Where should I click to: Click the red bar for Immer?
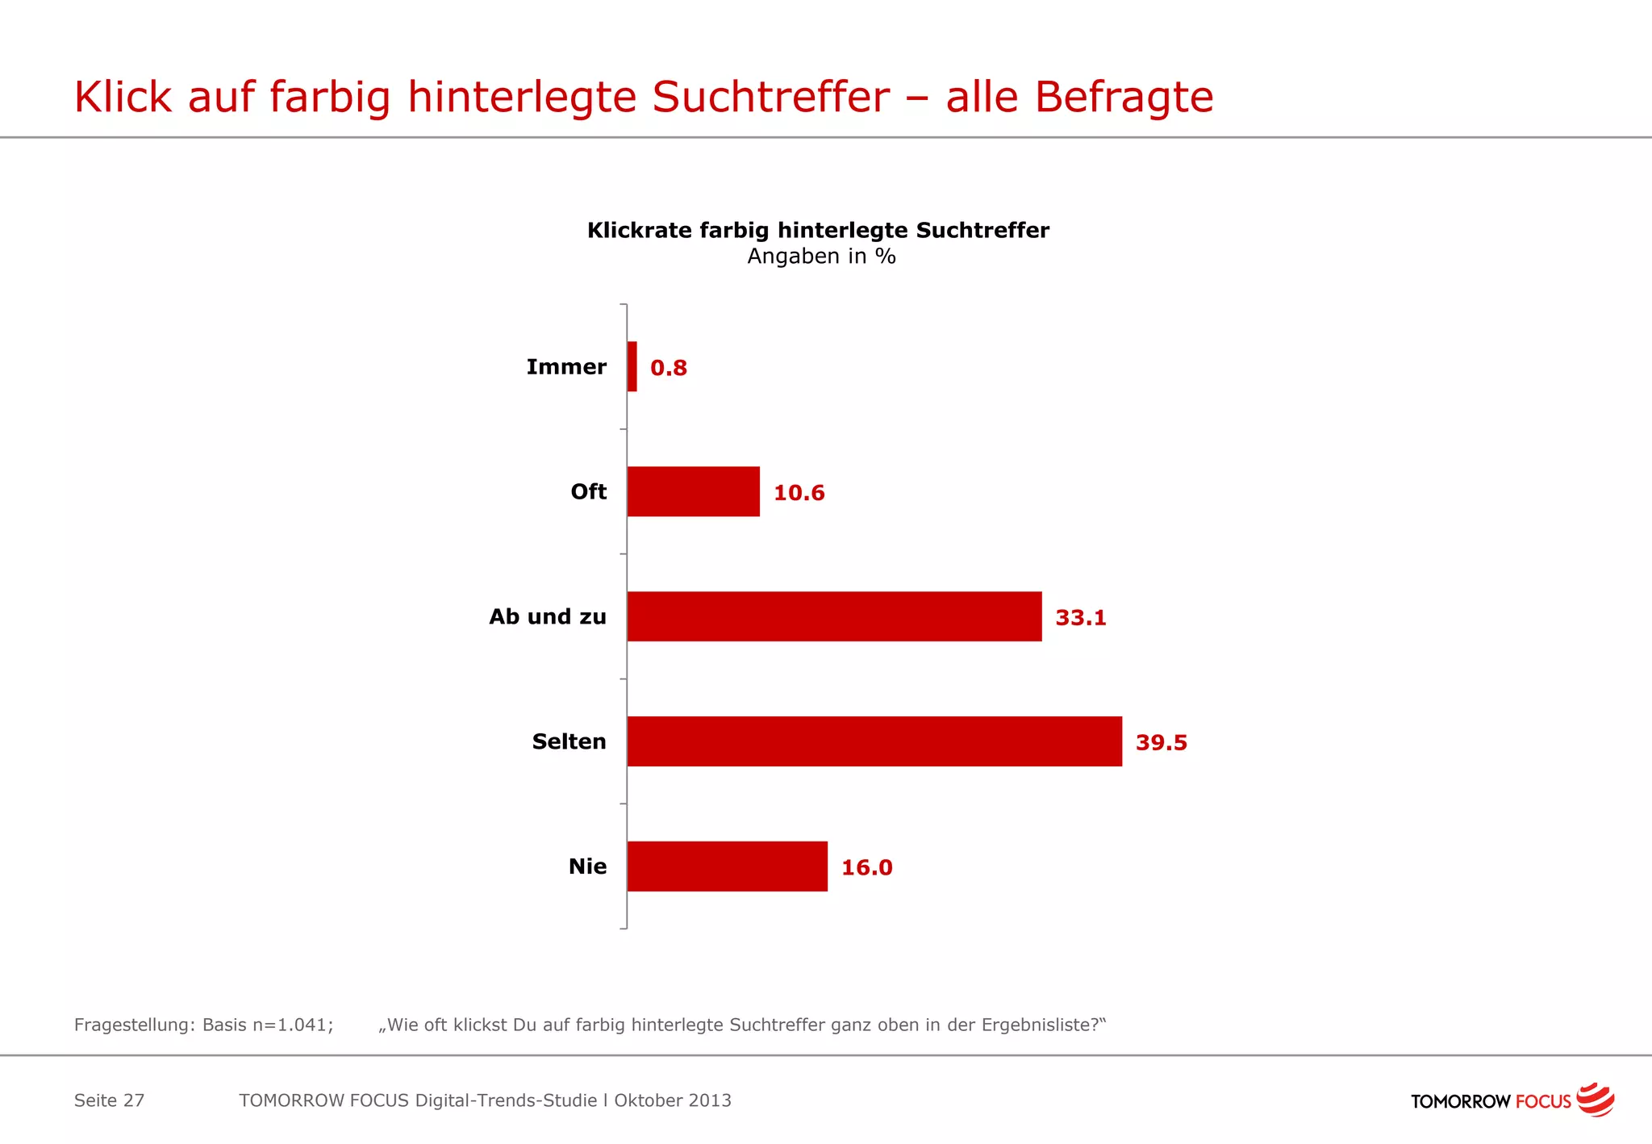coord(632,366)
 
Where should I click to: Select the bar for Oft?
coord(693,491)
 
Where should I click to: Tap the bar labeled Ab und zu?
coord(834,616)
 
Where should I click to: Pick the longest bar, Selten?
coord(874,741)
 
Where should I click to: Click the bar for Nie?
coord(727,866)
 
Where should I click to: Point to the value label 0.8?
coord(669,368)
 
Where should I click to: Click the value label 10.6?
coord(799,493)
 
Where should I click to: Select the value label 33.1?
coord(1081,618)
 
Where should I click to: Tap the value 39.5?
coord(1161,743)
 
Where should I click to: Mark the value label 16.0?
coord(866,868)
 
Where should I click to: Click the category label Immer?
coord(566,367)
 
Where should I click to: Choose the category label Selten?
coord(569,741)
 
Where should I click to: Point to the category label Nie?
coord(587,866)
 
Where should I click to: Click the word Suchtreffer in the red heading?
coord(770,97)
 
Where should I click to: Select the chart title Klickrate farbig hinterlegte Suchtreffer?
coord(818,230)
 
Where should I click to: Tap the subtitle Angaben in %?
coord(821,257)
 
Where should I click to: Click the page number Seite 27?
coord(109,1100)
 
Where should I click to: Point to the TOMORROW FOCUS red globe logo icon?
coord(1595,1100)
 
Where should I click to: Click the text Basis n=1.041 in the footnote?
coord(267,1025)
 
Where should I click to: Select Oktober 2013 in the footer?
coord(673,1100)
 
